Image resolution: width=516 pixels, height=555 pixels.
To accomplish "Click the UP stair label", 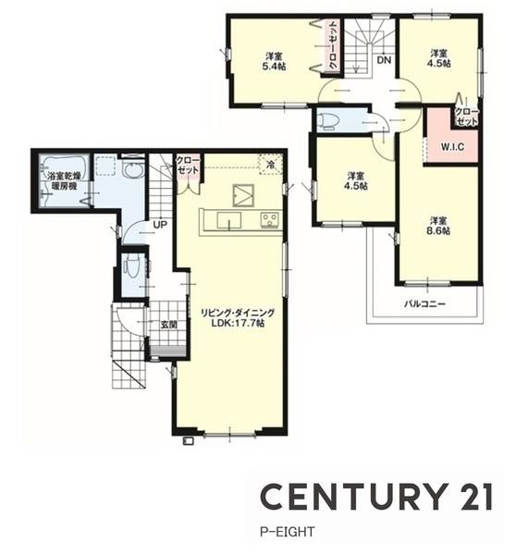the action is pyautogui.click(x=160, y=225).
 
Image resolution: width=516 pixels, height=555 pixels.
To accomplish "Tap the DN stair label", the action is pyautogui.click(x=384, y=60).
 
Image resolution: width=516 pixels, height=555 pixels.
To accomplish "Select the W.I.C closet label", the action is pyautogui.click(x=452, y=146).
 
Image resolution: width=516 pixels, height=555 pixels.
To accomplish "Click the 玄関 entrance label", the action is pyautogui.click(x=169, y=325).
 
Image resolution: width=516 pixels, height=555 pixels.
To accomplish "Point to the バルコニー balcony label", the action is pyautogui.click(x=424, y=303).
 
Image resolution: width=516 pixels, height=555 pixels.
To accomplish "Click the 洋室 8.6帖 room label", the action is pyautogui.click(x=440, y=226).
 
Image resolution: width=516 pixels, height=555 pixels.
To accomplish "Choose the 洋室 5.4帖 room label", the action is pyautogui.click(x=275, y=61).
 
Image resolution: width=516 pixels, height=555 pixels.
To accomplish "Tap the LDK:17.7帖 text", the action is pyautogui.click(x=238, y=323).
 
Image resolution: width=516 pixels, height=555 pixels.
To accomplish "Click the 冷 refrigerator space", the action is pyautogui.click(x=271, y=165).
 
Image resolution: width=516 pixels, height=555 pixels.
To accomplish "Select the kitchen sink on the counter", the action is pyautogui.click(x=229, y=220).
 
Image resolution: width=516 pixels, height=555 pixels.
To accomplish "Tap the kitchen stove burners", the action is pyautogui.click(x=271, y=219).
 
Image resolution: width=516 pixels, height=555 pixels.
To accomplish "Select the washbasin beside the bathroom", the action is pyautogui.click(x=133, y=170).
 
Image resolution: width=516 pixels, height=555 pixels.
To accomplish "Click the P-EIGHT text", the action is pyautogui.click(x=287, y=532).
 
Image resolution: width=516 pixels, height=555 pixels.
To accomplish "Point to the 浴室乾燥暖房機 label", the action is pyautogui.click(x=64, y=181).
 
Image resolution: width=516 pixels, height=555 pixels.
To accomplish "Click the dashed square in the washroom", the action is pyautogui.click(x=105, y=165).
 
